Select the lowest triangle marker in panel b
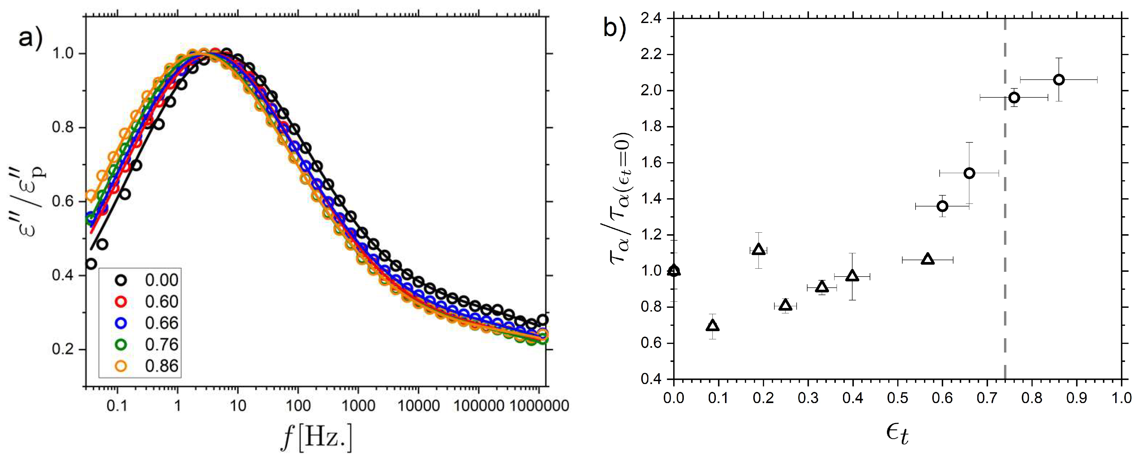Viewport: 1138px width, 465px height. click(x=712, y=326)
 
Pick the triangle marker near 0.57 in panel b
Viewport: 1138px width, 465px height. click(x=928, y=259)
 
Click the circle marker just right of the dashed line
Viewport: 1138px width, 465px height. click(x=1014, y=98)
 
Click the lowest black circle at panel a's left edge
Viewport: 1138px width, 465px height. click(x=91, y=264)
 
